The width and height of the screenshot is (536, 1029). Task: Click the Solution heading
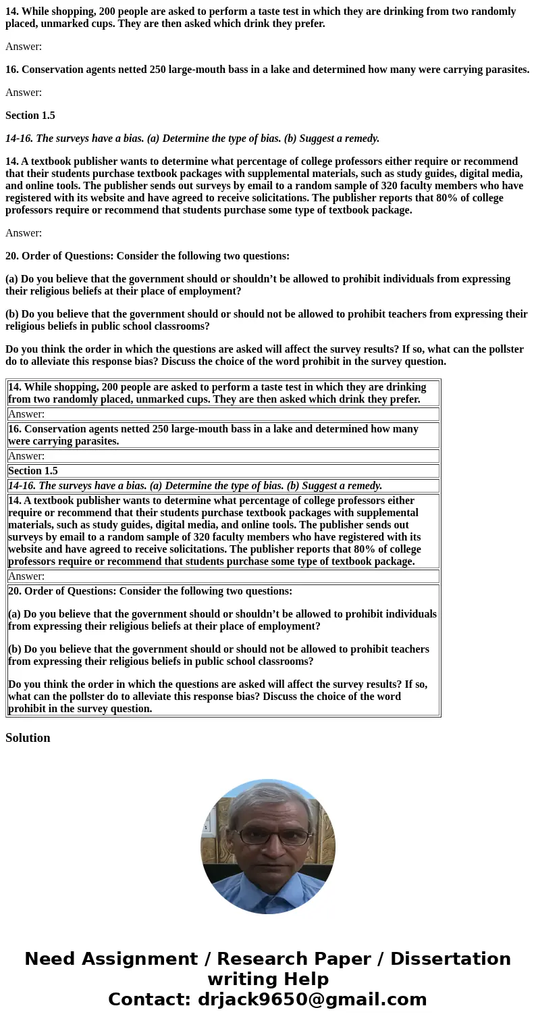pyautogui.click(x=28, y=738)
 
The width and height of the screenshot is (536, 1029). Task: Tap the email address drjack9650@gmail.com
pyautogui.click(x=312, y=1000)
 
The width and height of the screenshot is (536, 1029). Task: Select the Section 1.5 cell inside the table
pyautogui.click(x=33, y=471)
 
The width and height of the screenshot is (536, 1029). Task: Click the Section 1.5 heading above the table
pyautogui.click(x=30, y=116)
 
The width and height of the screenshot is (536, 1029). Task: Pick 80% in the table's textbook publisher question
pyautogui.click(x=365, y=549)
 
